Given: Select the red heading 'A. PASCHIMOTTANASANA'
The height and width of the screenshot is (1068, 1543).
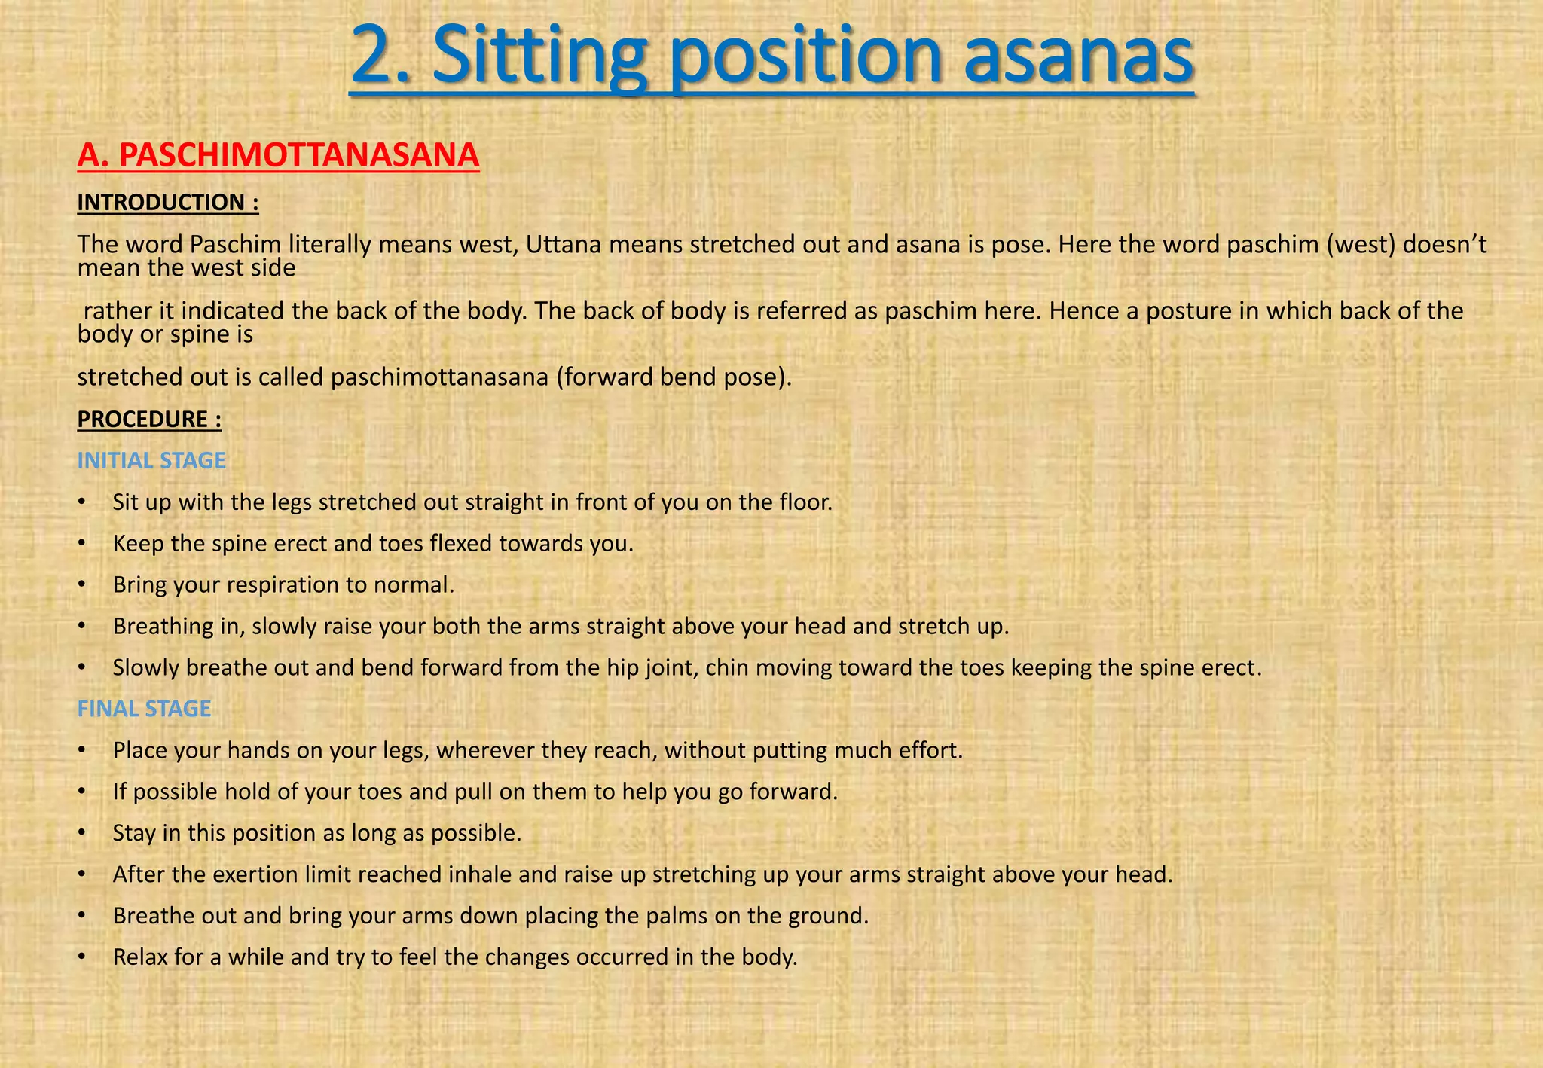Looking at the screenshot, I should click(x=278, y=155).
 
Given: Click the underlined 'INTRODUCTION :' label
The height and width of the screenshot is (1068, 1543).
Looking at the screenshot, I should click(x=168, y=202).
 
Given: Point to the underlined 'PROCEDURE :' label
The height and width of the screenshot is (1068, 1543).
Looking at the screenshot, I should click(x=149, y=419).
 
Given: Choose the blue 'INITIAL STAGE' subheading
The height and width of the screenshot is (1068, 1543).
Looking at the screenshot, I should click(x=151, y=460).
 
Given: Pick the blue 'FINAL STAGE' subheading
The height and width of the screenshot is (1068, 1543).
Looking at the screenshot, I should click(x=144, y=709).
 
